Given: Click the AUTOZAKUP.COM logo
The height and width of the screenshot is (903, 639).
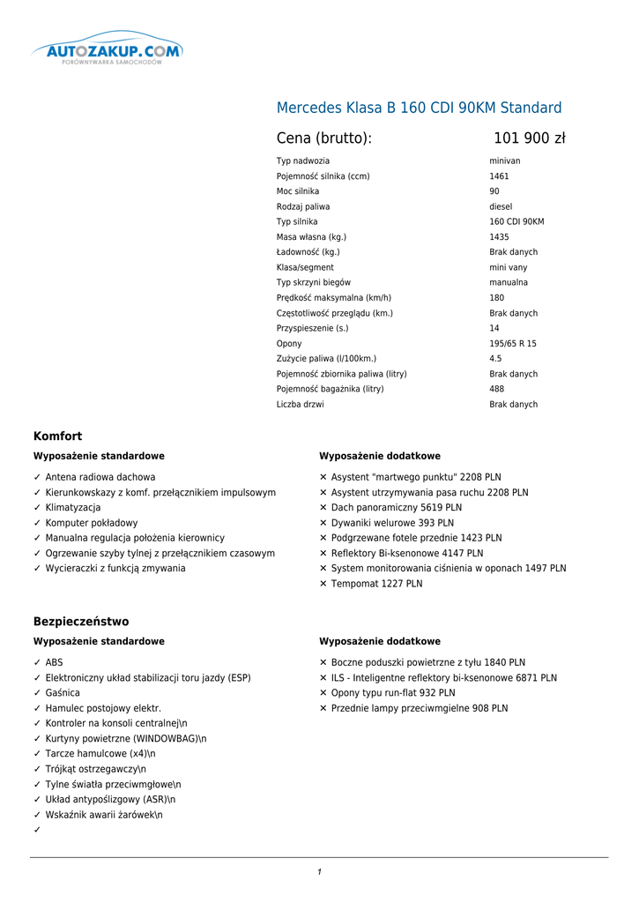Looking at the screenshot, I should (x=108, y=51).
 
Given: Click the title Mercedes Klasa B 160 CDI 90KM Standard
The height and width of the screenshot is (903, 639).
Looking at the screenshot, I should (x=419, y=108).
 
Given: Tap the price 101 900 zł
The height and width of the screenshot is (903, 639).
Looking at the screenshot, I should (x=529, y=138).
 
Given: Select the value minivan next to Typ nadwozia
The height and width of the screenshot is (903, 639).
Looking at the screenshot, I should (x=505, y=161).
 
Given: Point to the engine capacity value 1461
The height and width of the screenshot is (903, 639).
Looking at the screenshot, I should (x=499, y=176).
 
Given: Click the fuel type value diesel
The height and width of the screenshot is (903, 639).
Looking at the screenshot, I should (x=501, y=207).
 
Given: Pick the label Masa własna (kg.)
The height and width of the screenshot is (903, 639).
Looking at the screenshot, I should (x=311, y=237).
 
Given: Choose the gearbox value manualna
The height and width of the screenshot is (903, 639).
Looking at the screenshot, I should (x=509, y=283).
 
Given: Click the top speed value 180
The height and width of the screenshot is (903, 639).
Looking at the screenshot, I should (x=496, y=298).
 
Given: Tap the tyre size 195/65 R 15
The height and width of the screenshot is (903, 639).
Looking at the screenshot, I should (x=513, y=344).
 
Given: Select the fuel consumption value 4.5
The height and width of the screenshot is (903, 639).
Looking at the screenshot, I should (x=495, y=359).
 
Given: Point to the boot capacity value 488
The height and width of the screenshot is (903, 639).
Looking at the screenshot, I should (x=496, y=389).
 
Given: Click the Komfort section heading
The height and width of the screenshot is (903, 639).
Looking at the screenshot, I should (x=57, y=437).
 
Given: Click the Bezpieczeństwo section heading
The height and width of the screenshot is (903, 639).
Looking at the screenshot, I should (x=81, y=622).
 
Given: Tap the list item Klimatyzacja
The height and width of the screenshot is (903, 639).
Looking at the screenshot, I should (x=73, y=508).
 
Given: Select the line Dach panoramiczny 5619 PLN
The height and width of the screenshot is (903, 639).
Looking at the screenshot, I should (x=396, y=508).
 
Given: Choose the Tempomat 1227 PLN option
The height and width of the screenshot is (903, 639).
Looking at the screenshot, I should (x=376, y=584).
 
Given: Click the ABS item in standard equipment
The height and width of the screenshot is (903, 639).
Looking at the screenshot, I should (x=55, y=662).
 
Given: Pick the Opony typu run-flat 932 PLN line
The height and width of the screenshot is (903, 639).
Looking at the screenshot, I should (x=393, y=693).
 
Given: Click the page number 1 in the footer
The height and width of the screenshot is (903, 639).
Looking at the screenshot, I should (x=319, y=872).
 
